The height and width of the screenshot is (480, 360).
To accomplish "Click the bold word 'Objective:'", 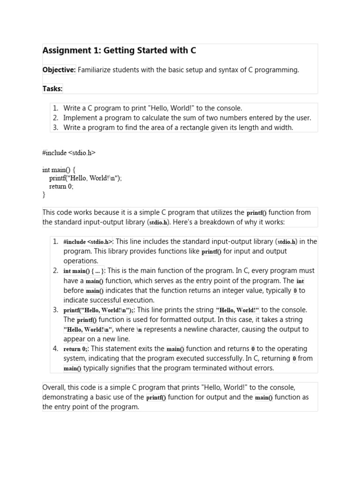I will pos(59,70).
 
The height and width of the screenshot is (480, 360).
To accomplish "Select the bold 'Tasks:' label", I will pos(52,89).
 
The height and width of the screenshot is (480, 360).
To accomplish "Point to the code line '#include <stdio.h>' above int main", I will pos(69,153).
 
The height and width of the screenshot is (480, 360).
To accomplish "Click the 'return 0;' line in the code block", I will pos(61,186).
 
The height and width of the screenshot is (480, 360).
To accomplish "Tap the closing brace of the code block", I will pos(44,194).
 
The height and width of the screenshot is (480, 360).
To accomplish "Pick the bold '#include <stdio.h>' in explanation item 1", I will pos(88,242).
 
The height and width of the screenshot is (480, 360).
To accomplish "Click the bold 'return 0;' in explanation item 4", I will pos(75,349).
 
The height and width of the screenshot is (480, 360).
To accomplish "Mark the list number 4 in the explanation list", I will pos(55,349).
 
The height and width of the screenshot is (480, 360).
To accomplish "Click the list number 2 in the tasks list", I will pos(55,118).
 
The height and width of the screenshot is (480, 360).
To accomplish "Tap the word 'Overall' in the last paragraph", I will pos(54,388).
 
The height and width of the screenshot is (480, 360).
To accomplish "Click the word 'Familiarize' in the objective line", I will pos(97,70).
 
